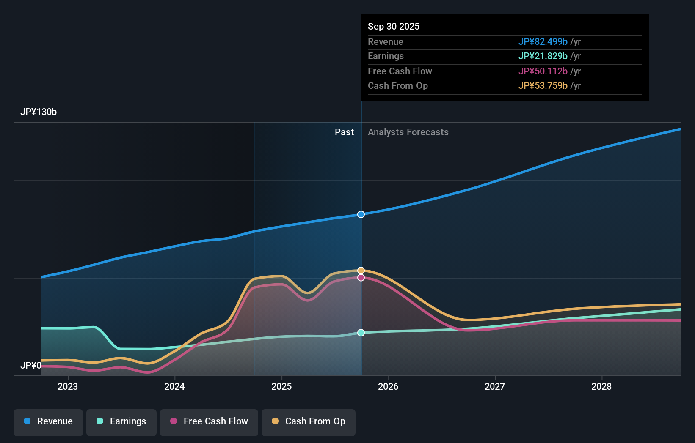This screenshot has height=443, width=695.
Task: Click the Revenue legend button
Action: [x=48, y=421]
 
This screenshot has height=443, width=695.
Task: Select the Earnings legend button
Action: [x=121, y=421]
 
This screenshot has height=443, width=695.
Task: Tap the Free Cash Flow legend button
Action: [x=209, y=421]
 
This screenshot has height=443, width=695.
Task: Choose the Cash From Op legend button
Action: [x=309, y=421]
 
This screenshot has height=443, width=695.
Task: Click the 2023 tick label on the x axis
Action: [x=68, y=386]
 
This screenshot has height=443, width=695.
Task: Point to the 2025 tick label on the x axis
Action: [x=281, y=386]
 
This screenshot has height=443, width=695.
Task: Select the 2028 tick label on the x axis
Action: [x=601, y=386]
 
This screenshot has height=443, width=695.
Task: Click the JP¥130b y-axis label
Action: [x=39, y=112]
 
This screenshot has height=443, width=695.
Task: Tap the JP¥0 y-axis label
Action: [x=31, y=365]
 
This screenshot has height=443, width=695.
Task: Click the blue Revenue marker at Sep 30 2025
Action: [x=361, y=214]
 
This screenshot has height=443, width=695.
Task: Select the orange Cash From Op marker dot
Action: [x=361, y=271]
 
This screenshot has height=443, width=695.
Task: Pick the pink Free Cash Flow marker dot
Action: [x=361, y=278]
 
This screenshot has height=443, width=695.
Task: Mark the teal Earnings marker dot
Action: [x=361, y=333]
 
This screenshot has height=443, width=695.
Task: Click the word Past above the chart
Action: [x=344, y=132]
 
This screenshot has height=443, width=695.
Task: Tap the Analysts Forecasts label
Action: [x=408, y=132]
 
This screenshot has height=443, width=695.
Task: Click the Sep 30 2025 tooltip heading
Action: [x=394, y=27]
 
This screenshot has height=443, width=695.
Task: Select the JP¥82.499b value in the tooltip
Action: [x=543, y=42]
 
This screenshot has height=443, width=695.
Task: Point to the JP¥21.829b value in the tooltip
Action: [x=543, y=56]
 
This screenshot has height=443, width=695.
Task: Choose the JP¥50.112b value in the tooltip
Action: [x=543, y=71]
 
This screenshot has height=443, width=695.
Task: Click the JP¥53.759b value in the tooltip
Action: [x=543, y=86]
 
